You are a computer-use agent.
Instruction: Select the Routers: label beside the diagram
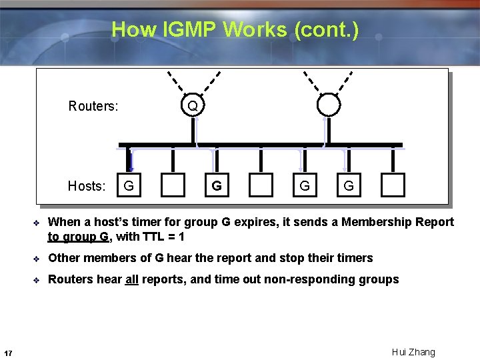(93, 106)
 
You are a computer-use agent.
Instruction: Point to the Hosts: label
(87, 186)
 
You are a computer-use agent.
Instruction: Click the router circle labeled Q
(193, 106)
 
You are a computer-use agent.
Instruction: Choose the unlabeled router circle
(328, 105)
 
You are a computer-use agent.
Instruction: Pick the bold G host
(217, 186)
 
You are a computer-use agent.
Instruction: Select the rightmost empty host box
(393, 185)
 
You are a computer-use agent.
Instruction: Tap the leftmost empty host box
(173, 185)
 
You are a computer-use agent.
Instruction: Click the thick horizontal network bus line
(260, 145)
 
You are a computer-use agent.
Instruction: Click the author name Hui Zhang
(413, 352)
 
